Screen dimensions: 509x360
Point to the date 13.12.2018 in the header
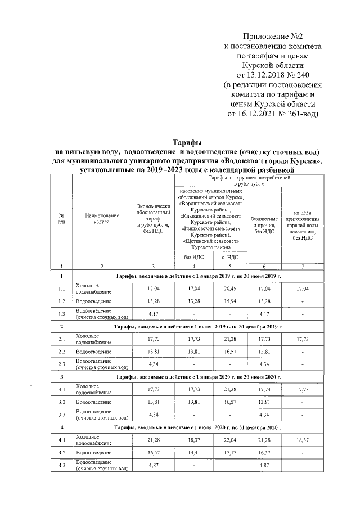pos(265,75)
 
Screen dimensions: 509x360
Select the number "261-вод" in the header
pos(301,114)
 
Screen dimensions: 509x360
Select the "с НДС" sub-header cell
pos(223,256)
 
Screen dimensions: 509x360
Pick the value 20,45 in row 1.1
pos(223,289)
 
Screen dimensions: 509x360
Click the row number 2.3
pos(61,362)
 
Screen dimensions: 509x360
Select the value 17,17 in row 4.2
pos(223,452)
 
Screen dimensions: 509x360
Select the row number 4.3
pos(61,465)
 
